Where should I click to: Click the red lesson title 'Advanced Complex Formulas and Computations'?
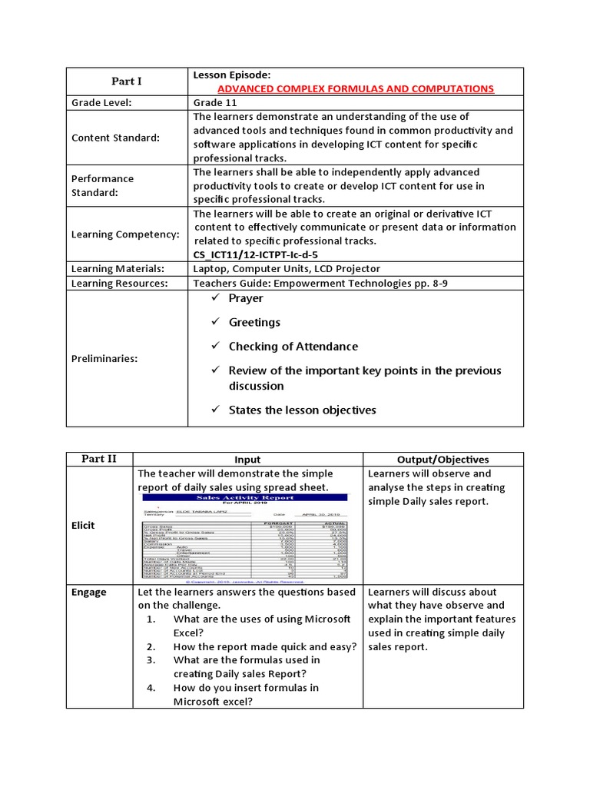[x=356, y=88]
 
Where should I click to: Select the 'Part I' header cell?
[x=127, y=81]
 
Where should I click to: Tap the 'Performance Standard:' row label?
[x=102, y=185]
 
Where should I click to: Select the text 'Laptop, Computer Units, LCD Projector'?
[x=287, y=268]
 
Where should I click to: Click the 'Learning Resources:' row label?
[x=119, y=283]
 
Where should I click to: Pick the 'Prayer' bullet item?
[x=245, y=298]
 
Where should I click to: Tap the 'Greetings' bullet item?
[x=254, y=322]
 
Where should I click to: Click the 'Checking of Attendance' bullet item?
[x=293, y=347]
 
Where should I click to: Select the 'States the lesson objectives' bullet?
[x=302, y=410]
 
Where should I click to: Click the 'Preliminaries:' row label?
[x=105, y=358]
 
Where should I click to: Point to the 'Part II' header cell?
[x=99, y=459]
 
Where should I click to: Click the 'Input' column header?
[x=247, y=460]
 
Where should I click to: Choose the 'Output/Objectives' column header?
[x=442, y=460]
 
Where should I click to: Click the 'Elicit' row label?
[x=85, y=525]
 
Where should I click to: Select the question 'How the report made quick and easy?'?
[x=264, y=646]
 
